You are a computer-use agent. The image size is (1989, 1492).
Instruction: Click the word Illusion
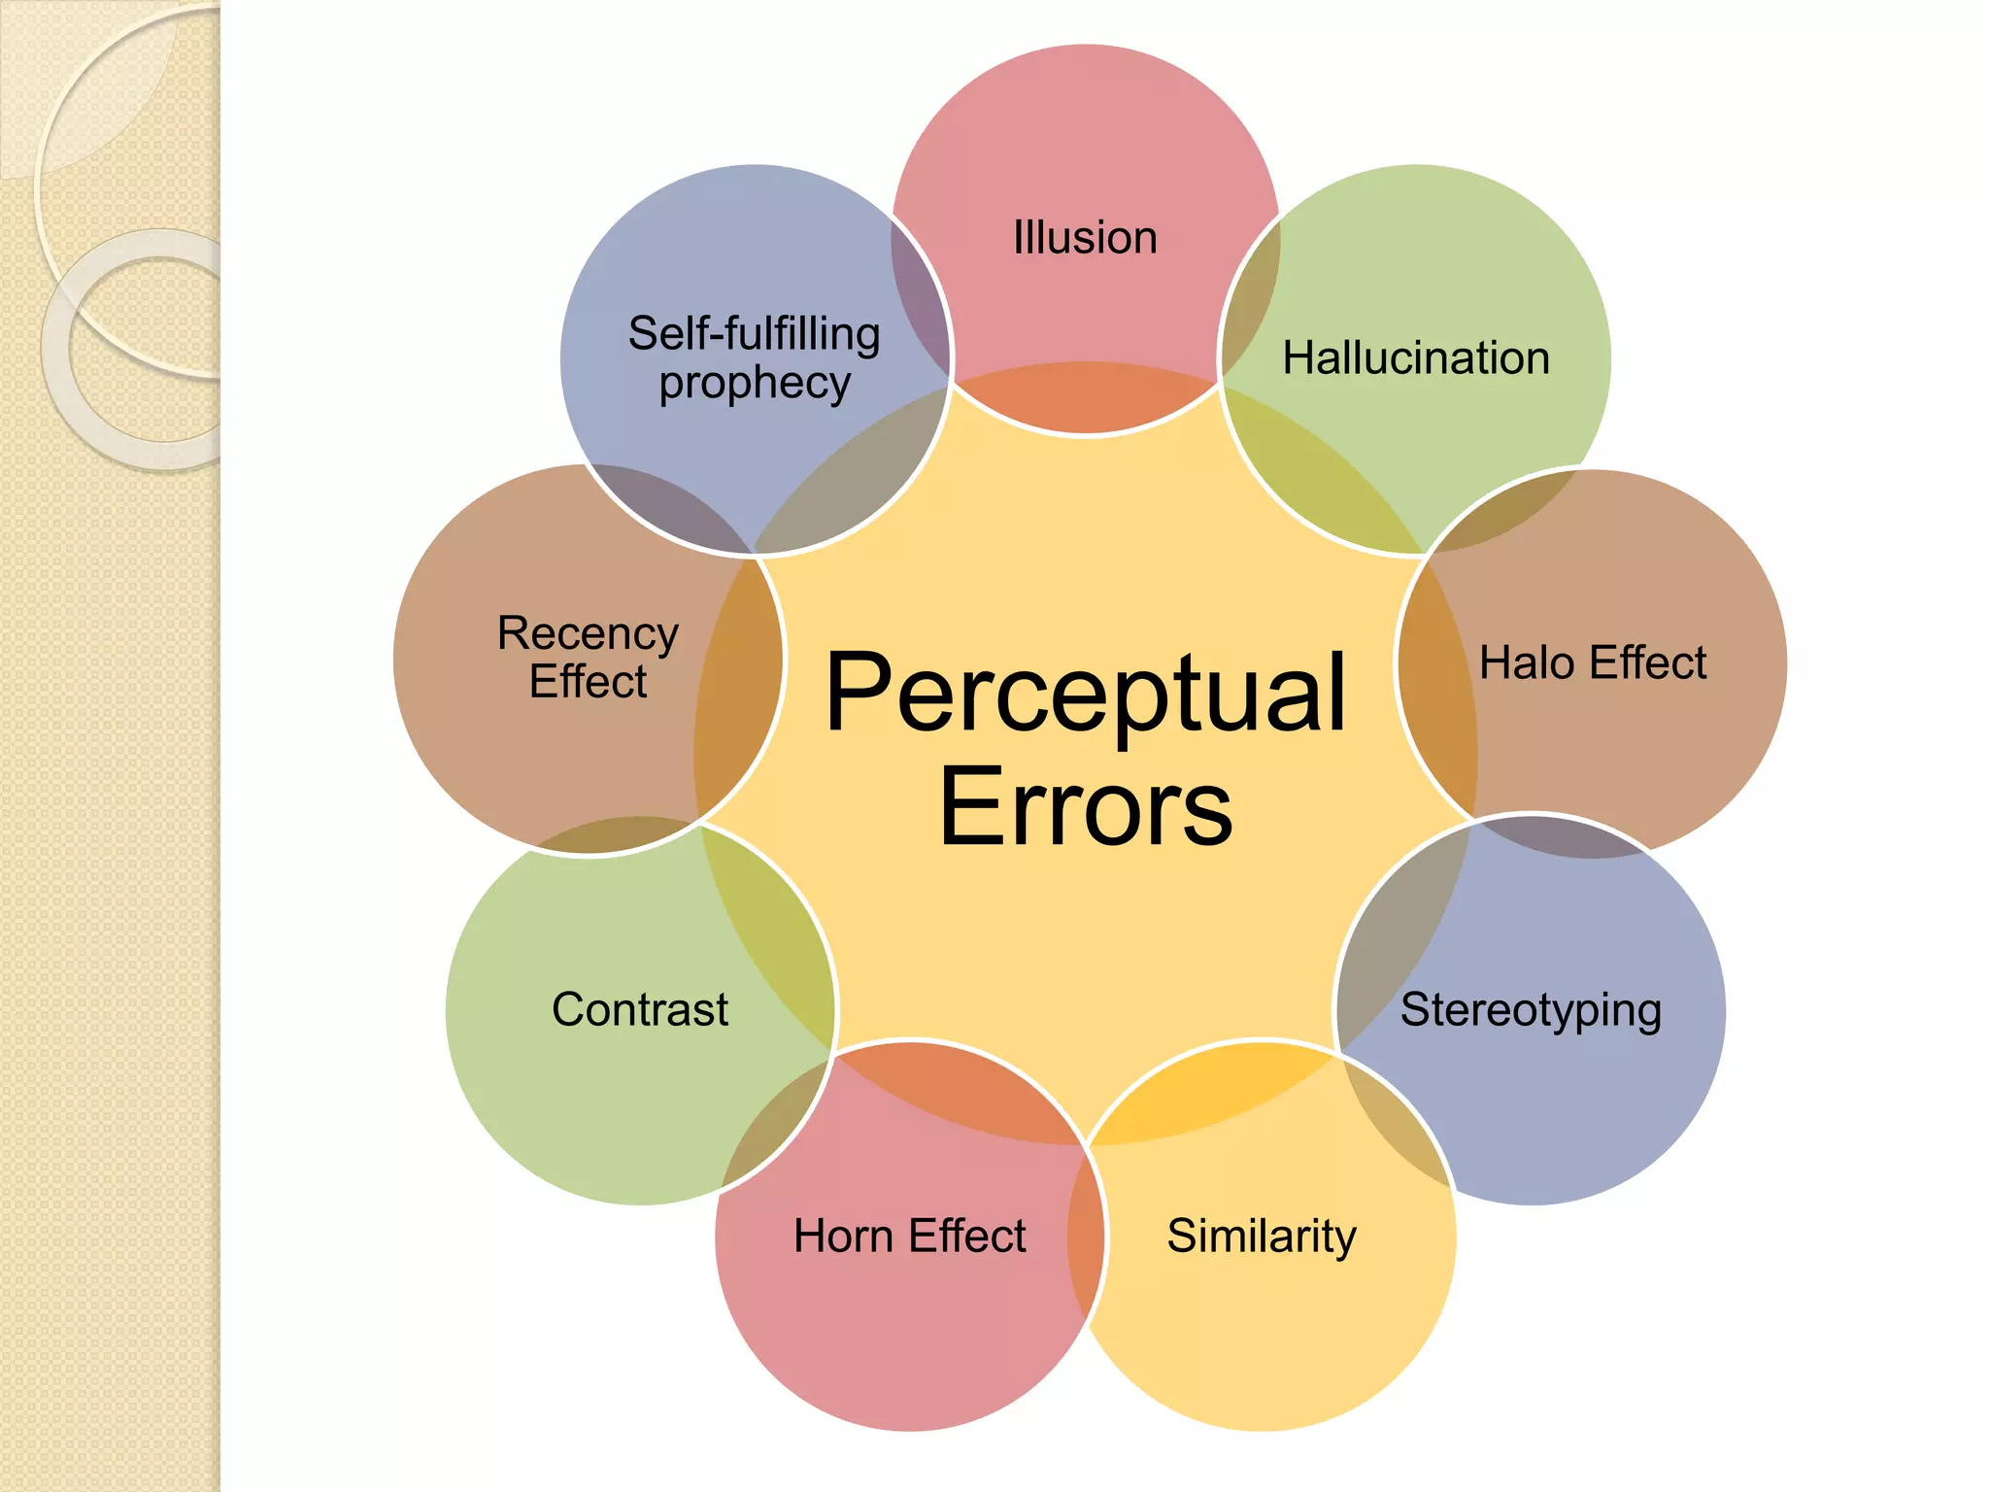coord(1085,238)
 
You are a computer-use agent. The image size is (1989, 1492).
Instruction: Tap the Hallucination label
coord(1416,358)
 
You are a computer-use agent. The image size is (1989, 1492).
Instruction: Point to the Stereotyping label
coord(1531,1011)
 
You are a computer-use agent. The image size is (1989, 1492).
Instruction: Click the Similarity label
coord(1262,1238)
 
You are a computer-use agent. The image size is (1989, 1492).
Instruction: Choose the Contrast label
coord(640,1010)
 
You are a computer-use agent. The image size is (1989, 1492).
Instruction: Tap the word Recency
coord(588,634)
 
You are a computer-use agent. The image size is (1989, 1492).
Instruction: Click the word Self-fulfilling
coord(755,334)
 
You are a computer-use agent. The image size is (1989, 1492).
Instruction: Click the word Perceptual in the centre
coord(1086,693)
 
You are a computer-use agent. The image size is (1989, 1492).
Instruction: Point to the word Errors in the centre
coord(1086,806)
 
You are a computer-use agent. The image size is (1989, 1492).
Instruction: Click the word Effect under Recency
coord(588,682)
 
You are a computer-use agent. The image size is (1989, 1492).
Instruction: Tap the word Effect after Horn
coord(967,1237)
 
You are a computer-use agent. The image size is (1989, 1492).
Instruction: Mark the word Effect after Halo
coord(1648,663)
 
